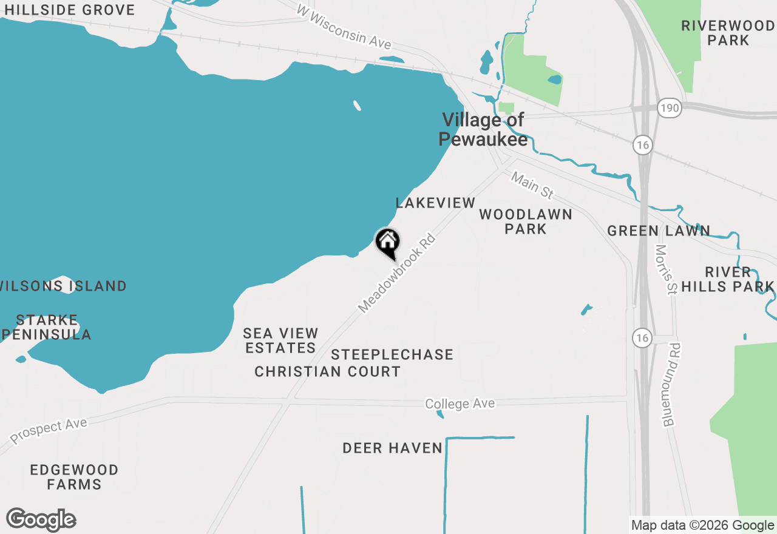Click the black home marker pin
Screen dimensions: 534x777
(x=387, y=243)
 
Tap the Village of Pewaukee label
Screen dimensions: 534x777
(x=483, y=129)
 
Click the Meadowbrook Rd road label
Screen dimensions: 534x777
(x=397, y=274)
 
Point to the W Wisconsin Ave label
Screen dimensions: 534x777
(x=344, y=28)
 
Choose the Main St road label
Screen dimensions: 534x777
(x=532, y=185)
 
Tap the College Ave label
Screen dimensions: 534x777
(x=460, y=404)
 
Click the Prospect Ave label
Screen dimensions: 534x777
(x=49, y=430)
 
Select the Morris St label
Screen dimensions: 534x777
(x=665, y=269)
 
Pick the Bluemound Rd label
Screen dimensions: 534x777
(x=671, y=384)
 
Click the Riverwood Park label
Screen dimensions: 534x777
(x=728, y=33)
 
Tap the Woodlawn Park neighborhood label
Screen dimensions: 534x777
(x=526, y=221)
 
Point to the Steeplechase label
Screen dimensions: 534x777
(x=392, y=354)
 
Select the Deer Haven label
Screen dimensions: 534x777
(x=392, y=448)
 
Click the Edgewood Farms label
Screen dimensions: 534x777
(x=74, y=477)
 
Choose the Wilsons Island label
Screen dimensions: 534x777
(x=63, y=286)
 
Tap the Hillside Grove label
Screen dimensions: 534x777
(x=69, y=10)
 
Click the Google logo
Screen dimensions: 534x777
(x=41, y=520)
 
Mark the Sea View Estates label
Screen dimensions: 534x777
(x=280, y=340)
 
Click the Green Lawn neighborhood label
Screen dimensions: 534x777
(x=659, y=231)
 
